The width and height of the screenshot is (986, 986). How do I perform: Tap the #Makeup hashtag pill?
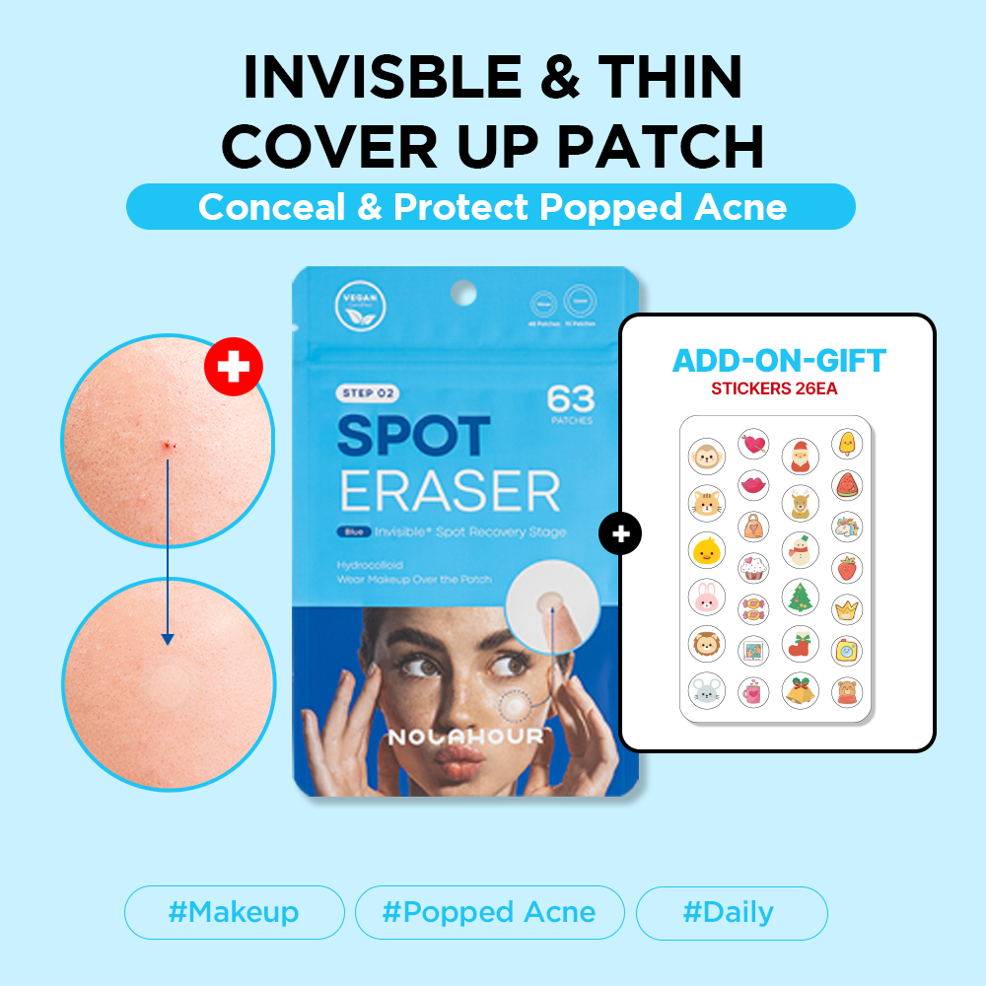[234, 912]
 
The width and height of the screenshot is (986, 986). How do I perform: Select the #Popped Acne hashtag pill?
[490, 912]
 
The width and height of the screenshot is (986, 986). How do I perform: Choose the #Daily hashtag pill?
[731, 912]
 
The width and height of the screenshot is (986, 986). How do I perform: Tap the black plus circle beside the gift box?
[620, 534]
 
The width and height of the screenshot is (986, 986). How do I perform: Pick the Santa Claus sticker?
[801, 456]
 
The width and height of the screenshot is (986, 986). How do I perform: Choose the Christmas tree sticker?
[801, 597]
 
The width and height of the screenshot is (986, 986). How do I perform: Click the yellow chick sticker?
[706, 549]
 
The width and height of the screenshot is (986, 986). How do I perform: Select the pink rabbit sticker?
[706, 597]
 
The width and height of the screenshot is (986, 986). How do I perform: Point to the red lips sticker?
[754, 485]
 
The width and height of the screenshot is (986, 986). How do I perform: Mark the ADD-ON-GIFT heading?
[779, 360]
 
